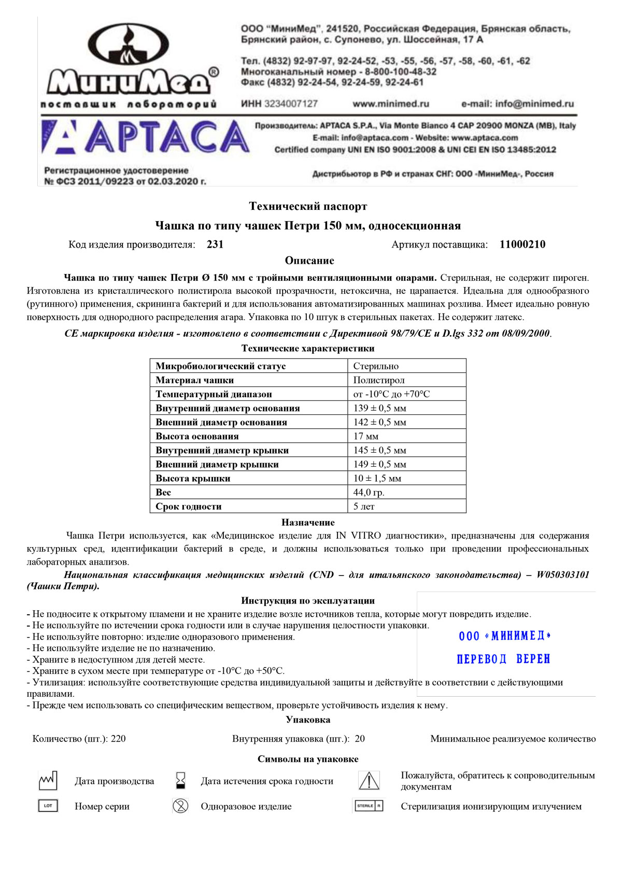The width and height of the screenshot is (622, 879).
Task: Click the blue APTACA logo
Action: coord(145,137)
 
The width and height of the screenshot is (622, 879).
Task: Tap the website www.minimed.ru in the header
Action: coord(391,104)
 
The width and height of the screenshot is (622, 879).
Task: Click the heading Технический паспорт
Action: coord(308,206)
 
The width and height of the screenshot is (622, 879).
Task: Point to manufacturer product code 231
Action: coord(215,244)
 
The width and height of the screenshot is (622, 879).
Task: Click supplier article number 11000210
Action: coord(522,244)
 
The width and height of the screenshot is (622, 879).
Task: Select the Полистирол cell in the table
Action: coord(379,380)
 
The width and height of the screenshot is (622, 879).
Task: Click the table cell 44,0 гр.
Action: coord(369,493)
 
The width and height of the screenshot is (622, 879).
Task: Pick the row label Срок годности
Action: coord(189,507)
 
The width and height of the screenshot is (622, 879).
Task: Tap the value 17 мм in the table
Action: coord(366,436)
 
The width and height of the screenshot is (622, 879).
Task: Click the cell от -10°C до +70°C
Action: coord(392,394)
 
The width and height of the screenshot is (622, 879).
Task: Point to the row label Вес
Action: coord(163,493)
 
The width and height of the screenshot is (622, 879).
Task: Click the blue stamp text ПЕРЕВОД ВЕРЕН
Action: coord(503,659)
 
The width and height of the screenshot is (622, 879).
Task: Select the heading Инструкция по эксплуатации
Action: coord(308,601)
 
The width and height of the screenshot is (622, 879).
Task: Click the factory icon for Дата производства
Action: coord(48,781)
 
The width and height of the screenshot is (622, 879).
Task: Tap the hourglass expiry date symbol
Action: coord(180,781)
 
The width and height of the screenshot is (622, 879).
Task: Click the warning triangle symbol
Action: coord(369,781)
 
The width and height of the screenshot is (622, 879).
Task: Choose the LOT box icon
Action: coord(48,806)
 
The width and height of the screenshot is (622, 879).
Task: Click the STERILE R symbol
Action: coord(369,806)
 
